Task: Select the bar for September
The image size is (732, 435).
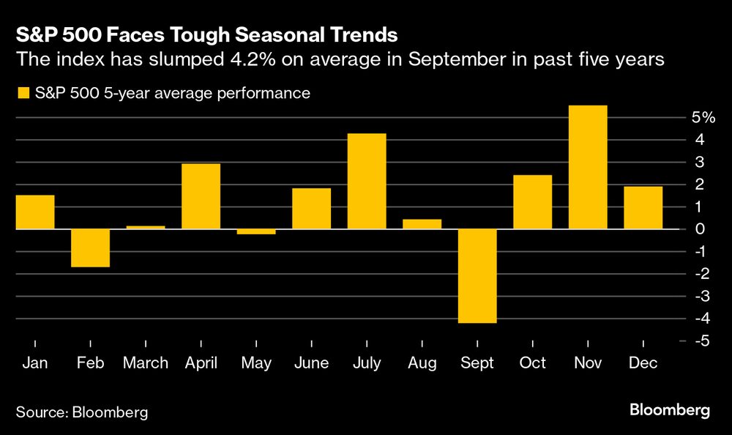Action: pos(477,276)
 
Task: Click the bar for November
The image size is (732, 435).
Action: pos(588,167)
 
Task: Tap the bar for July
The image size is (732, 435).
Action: pos(367,181)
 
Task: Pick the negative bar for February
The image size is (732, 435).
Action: pos(90,248)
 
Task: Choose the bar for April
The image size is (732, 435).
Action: pos(201,196)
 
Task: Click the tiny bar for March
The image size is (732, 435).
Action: pos(146,227)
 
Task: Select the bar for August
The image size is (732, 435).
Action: pos(422,224)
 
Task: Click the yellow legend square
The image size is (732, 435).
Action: pos(23,93)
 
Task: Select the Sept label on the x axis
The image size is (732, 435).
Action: pos(477,363)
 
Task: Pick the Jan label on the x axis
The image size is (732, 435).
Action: pos(35,363)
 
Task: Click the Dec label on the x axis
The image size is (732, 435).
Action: pos(643,363)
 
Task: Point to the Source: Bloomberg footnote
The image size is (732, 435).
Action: pos(82,412)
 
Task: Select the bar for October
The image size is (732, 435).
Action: pos(533,202)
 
